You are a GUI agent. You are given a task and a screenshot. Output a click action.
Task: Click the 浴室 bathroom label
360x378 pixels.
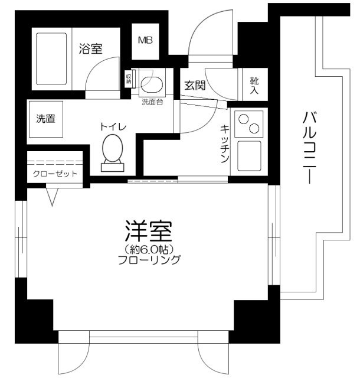pyautogui.click(x=91, y=50)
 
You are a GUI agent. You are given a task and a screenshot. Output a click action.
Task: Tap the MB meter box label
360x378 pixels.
pyautogui.click(x=145, y=41)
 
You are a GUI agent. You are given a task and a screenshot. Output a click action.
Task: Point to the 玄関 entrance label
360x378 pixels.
pyautogui.click(x=194, y=84)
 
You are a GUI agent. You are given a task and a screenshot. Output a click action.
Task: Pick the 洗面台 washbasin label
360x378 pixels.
pyautogui.click(x=152, y=101)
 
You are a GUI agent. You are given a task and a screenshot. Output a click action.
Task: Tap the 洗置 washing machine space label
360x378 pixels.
pyautogui.click(x=46, y=118)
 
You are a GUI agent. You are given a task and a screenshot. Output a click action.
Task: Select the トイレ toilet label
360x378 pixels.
pyautogui.click(x=112, y=126)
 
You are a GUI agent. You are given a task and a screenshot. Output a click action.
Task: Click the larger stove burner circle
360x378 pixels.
pyautogui.click(x=255, y=128)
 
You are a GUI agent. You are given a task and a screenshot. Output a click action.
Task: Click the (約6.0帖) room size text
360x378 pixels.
pyautogui.click(x=148, y=249)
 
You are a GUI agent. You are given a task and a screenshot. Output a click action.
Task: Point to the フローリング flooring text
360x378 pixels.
pyautogui.click(x=149, y=260)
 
